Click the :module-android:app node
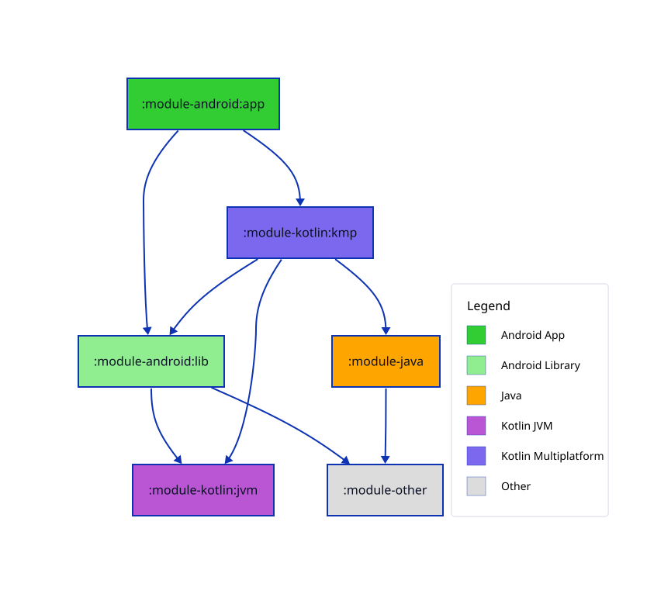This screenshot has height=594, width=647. click(202, 104)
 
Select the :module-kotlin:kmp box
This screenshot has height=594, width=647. click(299, 233)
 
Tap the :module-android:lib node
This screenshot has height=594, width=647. click(151, 361)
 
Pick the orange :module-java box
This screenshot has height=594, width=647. click(386, 361)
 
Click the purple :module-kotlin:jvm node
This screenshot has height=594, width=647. click(202, 490)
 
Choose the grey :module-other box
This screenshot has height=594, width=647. click(385, 490)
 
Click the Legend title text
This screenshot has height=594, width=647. click(488, 306)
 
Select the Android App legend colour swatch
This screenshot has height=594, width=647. click(476, 335)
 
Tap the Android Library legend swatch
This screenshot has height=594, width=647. click(476, 365)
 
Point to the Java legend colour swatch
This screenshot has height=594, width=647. click(476, 395)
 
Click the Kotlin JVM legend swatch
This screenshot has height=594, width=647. click(476, 426)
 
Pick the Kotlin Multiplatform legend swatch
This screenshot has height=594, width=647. click(476, 456)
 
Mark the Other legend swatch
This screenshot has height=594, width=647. click(476, 486)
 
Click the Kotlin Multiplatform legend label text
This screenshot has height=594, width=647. click(552, 456)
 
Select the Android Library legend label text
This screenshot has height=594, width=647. click(540, 365)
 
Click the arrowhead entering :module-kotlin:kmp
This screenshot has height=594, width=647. click(299, 202)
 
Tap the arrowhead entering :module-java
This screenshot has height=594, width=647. click(386, 330)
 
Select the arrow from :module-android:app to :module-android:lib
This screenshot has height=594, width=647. click(144, 233)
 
